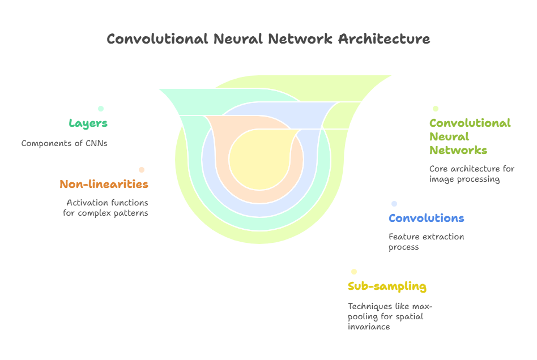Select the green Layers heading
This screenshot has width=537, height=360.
pos(88,123)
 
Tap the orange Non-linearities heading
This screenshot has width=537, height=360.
pos(104,184)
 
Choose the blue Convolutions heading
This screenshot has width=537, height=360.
pos(426,218)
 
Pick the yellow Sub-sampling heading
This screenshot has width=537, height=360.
pos(387,286)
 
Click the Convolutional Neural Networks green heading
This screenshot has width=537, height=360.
pos(470,136)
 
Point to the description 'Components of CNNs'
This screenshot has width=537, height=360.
pos(64,143)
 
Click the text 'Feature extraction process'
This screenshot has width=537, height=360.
pos(426,242)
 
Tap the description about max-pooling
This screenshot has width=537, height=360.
pos(390,316)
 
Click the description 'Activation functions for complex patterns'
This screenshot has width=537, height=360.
pos(105,208)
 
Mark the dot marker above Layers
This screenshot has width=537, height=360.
pos(101,109)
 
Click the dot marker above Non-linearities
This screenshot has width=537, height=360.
pos(142,170)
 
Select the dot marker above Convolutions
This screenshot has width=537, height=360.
pos(394,204)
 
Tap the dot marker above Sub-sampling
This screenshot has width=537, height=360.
pos(354,272)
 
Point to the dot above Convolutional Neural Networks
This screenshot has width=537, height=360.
pos(435,109)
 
